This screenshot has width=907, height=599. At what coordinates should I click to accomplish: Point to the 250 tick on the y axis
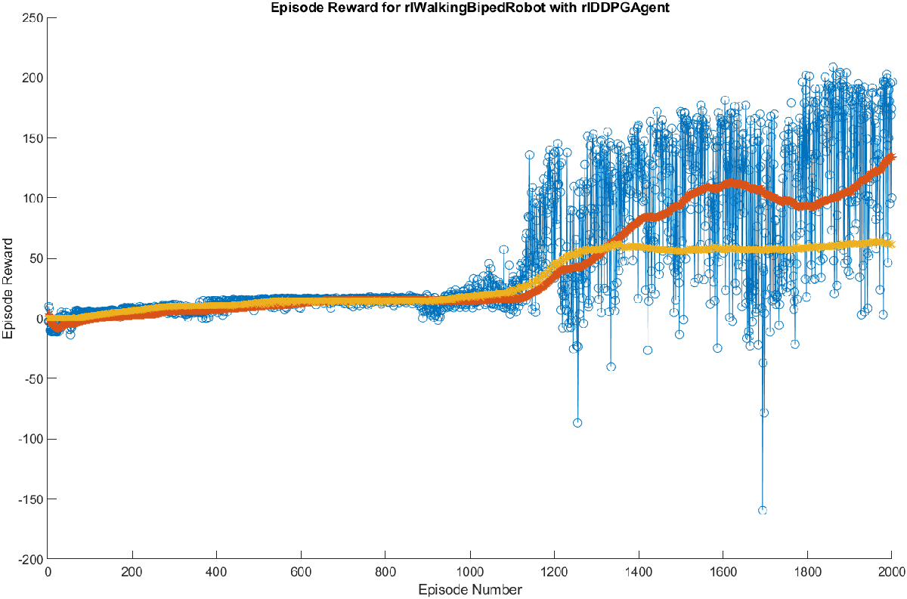pos(32,17)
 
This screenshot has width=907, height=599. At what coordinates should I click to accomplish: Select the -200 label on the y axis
pos(29,559)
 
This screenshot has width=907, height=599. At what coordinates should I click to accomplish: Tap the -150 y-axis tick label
pos(29,499)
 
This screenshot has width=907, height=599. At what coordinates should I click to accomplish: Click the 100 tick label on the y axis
pos(32,198)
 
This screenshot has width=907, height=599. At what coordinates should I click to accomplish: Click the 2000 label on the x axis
pos(891,572)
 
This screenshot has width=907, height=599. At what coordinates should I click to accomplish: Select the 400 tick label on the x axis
pos(216,572)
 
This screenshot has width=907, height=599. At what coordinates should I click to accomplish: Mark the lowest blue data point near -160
pos(763,511)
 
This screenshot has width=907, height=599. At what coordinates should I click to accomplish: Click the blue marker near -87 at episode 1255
pos(577,423)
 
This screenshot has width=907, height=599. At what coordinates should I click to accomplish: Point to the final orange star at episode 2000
pos(891,157)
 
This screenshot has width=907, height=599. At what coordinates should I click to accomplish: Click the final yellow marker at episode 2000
pos(891,244)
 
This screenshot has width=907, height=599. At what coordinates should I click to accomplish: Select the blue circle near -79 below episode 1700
pos(764,412)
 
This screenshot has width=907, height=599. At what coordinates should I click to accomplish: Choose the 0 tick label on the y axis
pos(38,318)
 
